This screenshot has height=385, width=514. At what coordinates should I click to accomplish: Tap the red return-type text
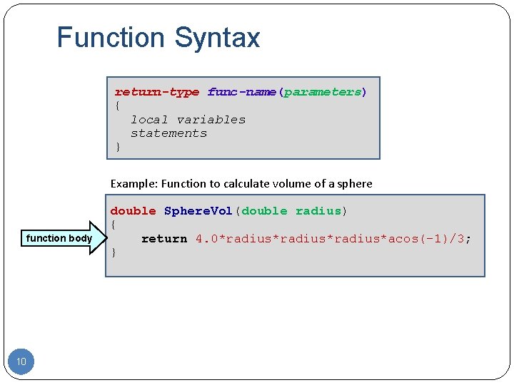(x=157, y=92)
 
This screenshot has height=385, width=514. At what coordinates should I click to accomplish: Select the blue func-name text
(x=242, y=92)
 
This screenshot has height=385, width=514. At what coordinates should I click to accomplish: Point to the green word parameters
(x=323, y=92)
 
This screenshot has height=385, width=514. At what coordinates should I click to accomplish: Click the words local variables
(x=188, y=120)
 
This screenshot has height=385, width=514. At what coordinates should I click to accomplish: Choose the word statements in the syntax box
(x=168, y=133)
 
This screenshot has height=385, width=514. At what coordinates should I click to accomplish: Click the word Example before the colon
(x=133, y=183)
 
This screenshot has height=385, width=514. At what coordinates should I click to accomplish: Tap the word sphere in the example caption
(x=355, y=183)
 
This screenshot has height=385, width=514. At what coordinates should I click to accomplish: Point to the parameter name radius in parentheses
(x=318, y=211)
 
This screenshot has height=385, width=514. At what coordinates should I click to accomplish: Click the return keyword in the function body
(x=164, y=239)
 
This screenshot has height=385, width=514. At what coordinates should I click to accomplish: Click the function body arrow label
(x=59, y=238)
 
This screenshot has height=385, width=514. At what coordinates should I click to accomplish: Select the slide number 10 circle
(x=21, y=362)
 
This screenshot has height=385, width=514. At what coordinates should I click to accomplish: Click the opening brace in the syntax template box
(x=118, y=106)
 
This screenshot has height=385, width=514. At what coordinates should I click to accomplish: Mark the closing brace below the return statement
(x=114, y=252)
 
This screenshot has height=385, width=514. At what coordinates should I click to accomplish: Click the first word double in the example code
(x=133, y=211)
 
